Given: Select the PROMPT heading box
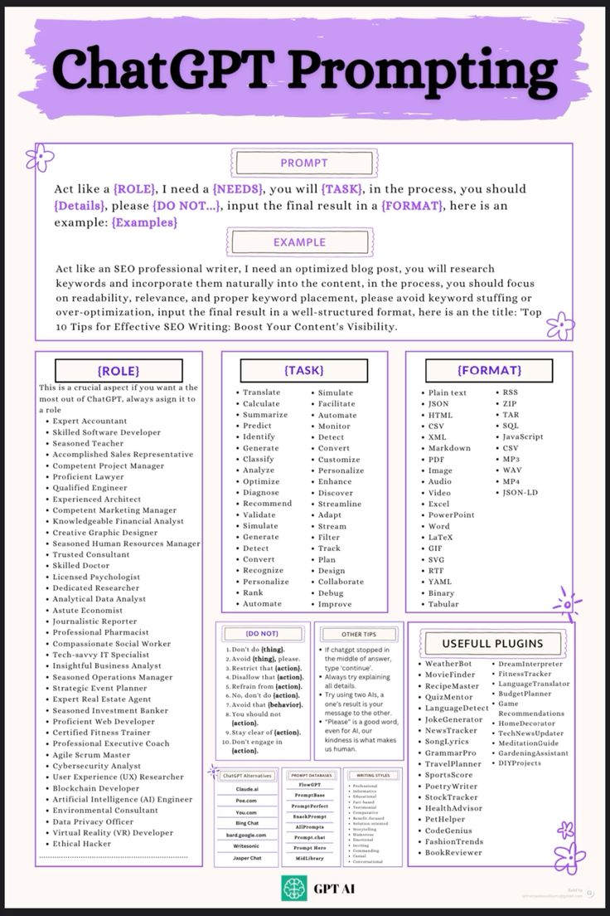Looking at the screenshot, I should pyautogui.click(x=303, y=163).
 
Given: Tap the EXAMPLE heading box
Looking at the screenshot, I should pyautogui.click(x=299, y=243).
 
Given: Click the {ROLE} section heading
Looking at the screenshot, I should pyautogui.click(x=118, y=371).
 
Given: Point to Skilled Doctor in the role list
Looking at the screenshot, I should pyautogui.click(x=80, y=565).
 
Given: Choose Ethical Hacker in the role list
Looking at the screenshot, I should pyautogui.click(x=81, y=844).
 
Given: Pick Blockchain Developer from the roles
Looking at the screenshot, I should pyautogui.click(x=96, y=788).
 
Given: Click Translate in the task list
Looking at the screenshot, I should pyautogui.click(x=261, y=392).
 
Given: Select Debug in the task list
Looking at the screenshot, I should pyautogui.click(x=330, y=593).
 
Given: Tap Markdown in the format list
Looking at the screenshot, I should pyautogui.click(x=449, y=448).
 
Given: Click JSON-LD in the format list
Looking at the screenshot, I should pyautogui.click(x=520, y=493).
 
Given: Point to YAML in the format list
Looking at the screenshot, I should pyautogui.click(x=440, y=582).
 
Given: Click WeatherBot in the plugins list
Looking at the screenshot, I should pyautogui.click(x=448, y=664).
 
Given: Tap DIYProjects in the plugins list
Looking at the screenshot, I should pyautogui.click(x=520, y=763).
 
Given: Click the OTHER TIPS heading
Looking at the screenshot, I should pyautogui.click(x=358, y=634).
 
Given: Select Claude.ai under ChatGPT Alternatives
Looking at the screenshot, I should pyautogui.click(x=247, y=789).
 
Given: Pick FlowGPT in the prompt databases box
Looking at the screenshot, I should pyautogui.click(x=310, y=784).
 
